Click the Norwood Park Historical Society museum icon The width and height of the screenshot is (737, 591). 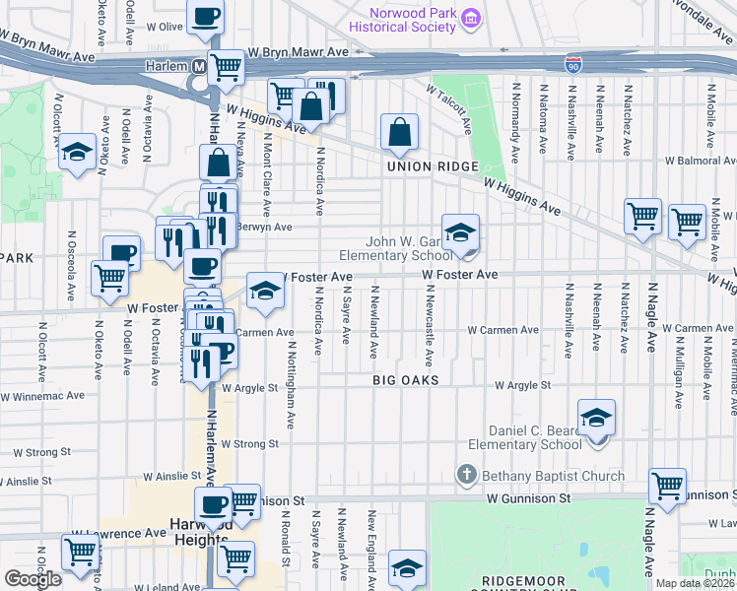[x=471, y=19]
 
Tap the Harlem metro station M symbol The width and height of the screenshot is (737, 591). [x=199, y=66]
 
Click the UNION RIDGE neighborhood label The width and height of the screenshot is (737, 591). [x=423, y=166]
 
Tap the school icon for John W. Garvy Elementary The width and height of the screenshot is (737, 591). [x=460, y=232]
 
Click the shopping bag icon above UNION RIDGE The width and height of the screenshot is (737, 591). [x=399, y=131]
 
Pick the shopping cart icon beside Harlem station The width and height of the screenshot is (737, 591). [x=227, y=68]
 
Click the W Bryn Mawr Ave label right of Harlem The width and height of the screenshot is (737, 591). [x=286, y=52]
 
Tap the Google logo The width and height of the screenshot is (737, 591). [x=33, y=578]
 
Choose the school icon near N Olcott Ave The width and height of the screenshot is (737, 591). [x=77, y=153]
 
